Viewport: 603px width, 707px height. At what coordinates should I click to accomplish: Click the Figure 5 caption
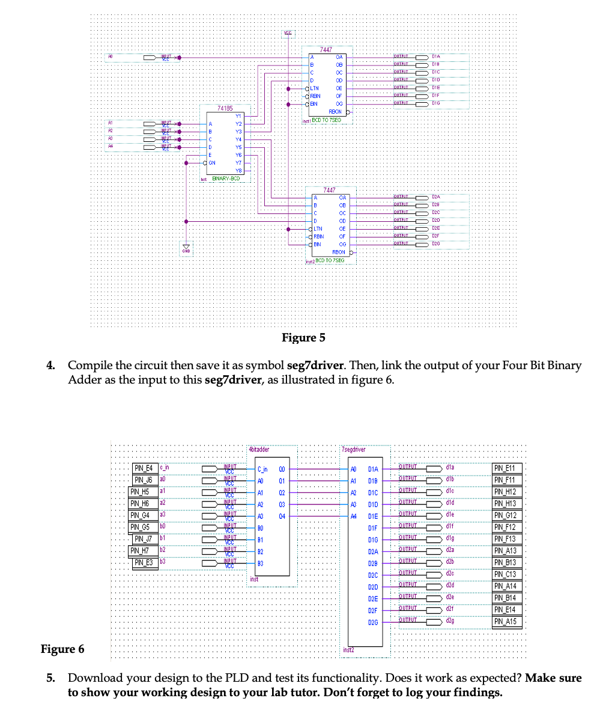point(303,338)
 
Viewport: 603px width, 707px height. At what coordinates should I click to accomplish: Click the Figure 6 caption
point(62,649)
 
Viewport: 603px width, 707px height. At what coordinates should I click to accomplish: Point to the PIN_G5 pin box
point(144,527)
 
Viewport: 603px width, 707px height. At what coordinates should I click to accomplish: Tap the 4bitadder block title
point(259,449)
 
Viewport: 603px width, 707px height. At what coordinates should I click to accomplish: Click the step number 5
point(52,678)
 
